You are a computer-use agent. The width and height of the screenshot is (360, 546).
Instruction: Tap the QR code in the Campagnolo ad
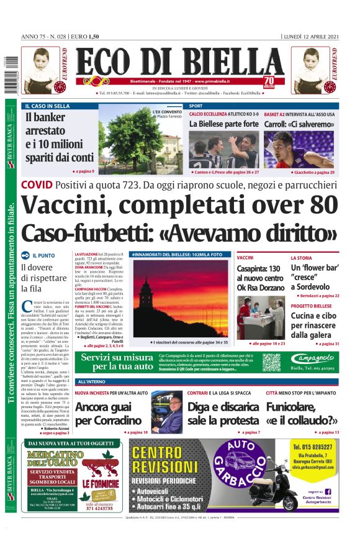pyautogui.click(x=271, y=362)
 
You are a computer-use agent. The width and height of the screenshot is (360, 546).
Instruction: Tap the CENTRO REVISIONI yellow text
pyautogui.click(x=166, y=460)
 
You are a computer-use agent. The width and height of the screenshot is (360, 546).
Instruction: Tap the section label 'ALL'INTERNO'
pyautogui.click(x=92, y=381)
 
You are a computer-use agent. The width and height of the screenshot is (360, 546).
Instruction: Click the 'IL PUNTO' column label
pyautogui.click(x=43, y=255)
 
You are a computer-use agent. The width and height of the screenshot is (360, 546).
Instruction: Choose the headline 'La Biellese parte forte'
pyautogui.click(x=223, y=124)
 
